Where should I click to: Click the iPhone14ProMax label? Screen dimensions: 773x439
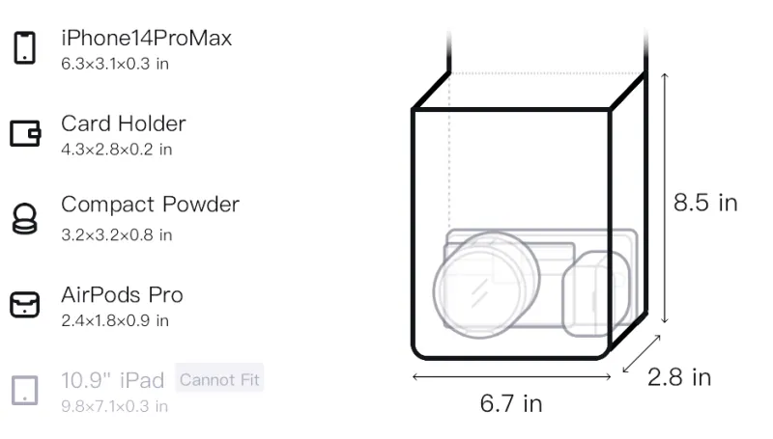(x=147, y=39)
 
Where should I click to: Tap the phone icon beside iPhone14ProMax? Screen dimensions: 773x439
(x=25, y=47)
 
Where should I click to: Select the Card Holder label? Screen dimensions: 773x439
(x=124, y=123)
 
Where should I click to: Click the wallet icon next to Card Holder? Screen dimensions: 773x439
(x=25, y=133)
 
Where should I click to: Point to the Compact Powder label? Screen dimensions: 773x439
(x=150, y=205)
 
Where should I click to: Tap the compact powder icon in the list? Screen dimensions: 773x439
(x=25, y=218)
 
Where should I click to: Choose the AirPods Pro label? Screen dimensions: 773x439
(x=122, y=295)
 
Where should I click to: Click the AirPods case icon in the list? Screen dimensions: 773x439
(x=25, y=304)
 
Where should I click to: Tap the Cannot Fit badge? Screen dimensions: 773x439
(x=219, y=379)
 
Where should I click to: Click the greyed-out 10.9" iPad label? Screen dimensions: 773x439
(x=112, y=380)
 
